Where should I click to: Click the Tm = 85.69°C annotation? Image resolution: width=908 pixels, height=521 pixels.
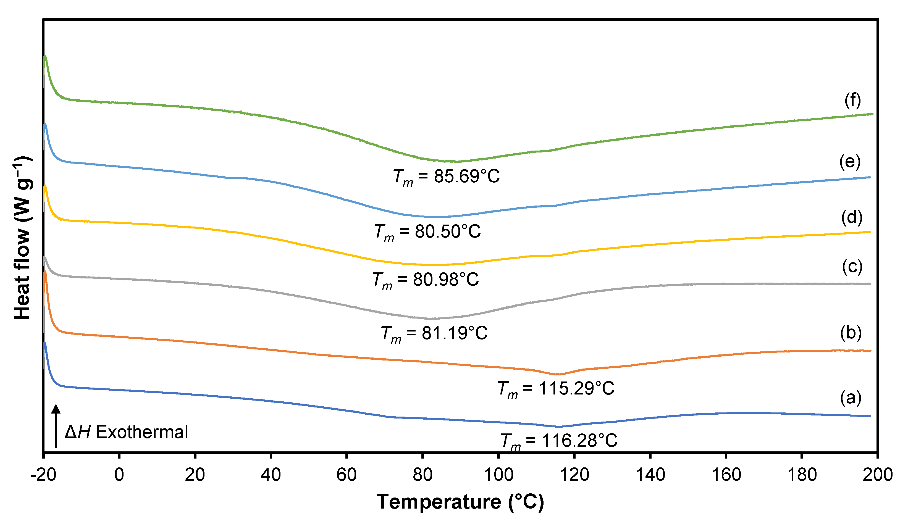coord(446,177)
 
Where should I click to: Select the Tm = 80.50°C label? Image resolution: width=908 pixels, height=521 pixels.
coord(427,232)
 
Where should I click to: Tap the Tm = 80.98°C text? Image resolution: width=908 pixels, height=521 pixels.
coord(425,280)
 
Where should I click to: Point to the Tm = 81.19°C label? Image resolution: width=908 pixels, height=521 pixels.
coord(434,333)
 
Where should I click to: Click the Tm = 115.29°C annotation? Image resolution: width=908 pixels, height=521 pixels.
coord(556,389)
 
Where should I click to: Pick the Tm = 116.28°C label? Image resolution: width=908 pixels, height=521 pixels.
coord(559,441)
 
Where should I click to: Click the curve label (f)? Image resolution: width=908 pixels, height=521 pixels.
coord(852,100)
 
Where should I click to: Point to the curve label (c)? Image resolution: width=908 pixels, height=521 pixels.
coord(852,267)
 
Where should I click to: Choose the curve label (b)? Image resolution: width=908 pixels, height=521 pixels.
coord(851,333)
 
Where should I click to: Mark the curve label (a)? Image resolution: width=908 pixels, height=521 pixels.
coord(851,398)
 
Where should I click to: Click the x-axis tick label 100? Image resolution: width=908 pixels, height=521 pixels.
coord(498,475)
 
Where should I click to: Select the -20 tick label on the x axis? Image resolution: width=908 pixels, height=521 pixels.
coord(43,475)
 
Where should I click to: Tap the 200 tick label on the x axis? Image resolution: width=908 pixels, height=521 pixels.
coord(878,475)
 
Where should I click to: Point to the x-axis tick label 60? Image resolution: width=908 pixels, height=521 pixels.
coord(347,475)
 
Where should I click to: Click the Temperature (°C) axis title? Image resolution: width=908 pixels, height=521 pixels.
coord(460,502)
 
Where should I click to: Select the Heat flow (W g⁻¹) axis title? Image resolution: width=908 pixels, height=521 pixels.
coord(22,238)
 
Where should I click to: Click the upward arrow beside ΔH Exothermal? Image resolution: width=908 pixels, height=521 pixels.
coord(56,426)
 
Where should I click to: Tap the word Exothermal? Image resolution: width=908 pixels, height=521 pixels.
coord(142,432)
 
